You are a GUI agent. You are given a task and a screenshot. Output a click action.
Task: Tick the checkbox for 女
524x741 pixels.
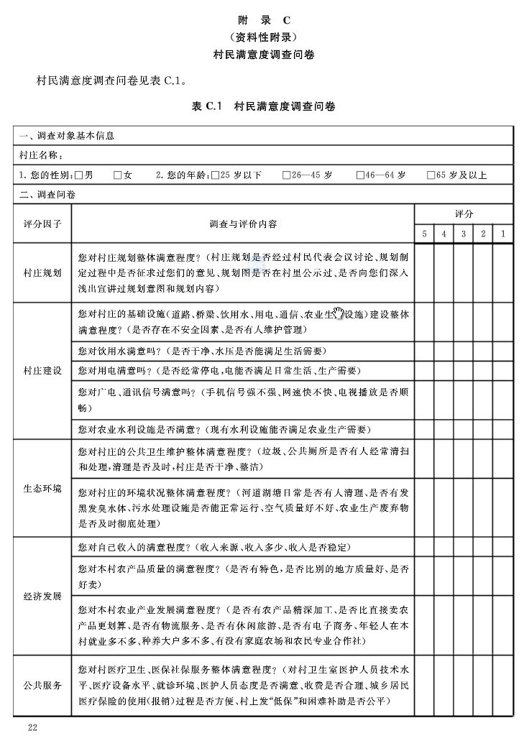[x=117, y=175]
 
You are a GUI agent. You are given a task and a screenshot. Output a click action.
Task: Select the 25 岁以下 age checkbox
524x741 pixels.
[x=216, y=175]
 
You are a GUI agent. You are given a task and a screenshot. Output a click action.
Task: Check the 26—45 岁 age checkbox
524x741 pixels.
[x=286, y=175]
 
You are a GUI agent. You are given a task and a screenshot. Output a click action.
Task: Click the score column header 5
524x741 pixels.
[x=424, y=234]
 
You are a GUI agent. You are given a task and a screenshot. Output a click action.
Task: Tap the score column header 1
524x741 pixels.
[x=503, y=234]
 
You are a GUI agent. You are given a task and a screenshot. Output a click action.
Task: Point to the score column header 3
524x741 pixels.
[x=464, y=234]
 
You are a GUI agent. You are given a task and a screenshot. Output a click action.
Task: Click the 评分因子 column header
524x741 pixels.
[x=42, y=224]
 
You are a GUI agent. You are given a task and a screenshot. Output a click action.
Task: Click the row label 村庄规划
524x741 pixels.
[x=42, y=273]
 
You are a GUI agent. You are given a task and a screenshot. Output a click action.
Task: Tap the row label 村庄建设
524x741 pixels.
[x=42, y=370]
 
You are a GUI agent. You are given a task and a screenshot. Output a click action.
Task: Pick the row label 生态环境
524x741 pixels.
[x=42, y=489]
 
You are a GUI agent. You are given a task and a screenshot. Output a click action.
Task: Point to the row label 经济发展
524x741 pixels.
[x=42, y=597]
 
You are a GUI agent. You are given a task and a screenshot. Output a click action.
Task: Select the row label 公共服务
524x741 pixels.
[x=42, y=685]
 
